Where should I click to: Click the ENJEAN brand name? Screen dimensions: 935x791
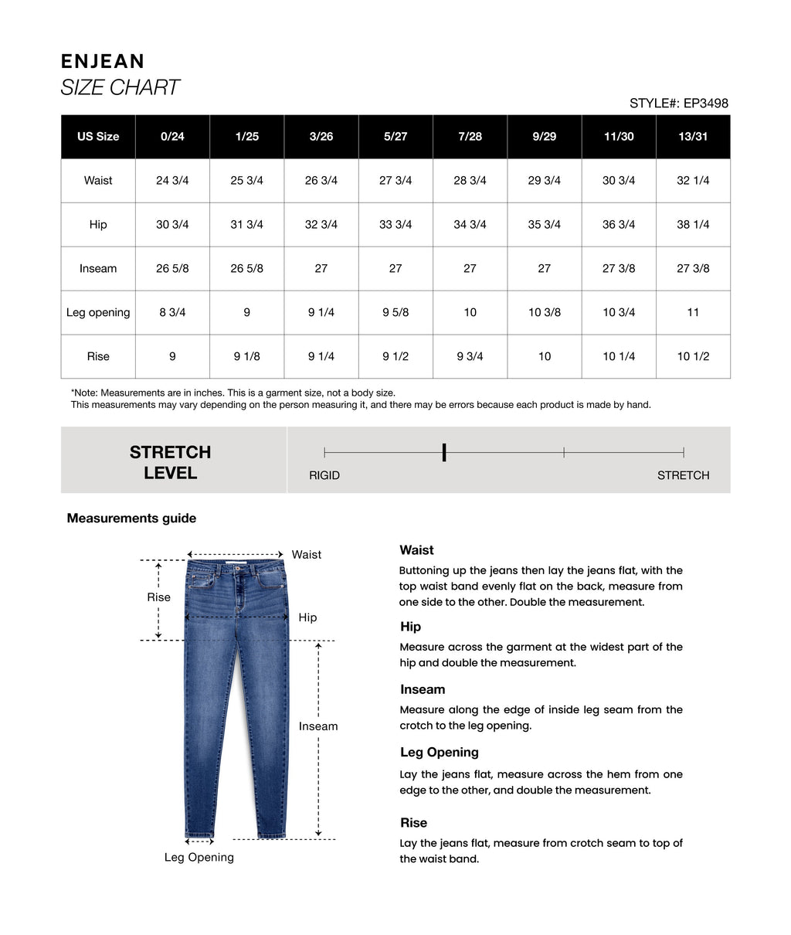point(102,62)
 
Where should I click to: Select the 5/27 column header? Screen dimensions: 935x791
point(395,137)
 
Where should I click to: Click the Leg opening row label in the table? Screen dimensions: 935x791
point(98,313)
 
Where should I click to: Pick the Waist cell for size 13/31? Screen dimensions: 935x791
point(693,181)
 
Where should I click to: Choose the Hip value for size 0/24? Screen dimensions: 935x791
point(172,225)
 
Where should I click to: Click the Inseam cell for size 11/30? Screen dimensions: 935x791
point(619,269)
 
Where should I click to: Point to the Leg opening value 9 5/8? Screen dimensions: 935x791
point(395,313)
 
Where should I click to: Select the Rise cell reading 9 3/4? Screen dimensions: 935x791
point(470,357)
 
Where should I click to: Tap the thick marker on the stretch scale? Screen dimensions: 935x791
point(444,453)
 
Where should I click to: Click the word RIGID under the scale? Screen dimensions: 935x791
point(324,475)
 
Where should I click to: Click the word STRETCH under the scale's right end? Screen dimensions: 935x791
point(683,475)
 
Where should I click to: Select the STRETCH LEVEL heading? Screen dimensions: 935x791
point(171,462)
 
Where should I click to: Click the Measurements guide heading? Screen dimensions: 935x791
point(131,518)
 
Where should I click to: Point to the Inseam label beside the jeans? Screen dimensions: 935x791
point(318,726)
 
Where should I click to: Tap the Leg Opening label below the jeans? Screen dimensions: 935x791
point(199,857)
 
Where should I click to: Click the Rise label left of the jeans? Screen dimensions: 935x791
point(159,597)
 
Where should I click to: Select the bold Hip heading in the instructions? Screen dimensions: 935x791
point(410,627)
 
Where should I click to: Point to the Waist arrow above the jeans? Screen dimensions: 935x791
point(236,554)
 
